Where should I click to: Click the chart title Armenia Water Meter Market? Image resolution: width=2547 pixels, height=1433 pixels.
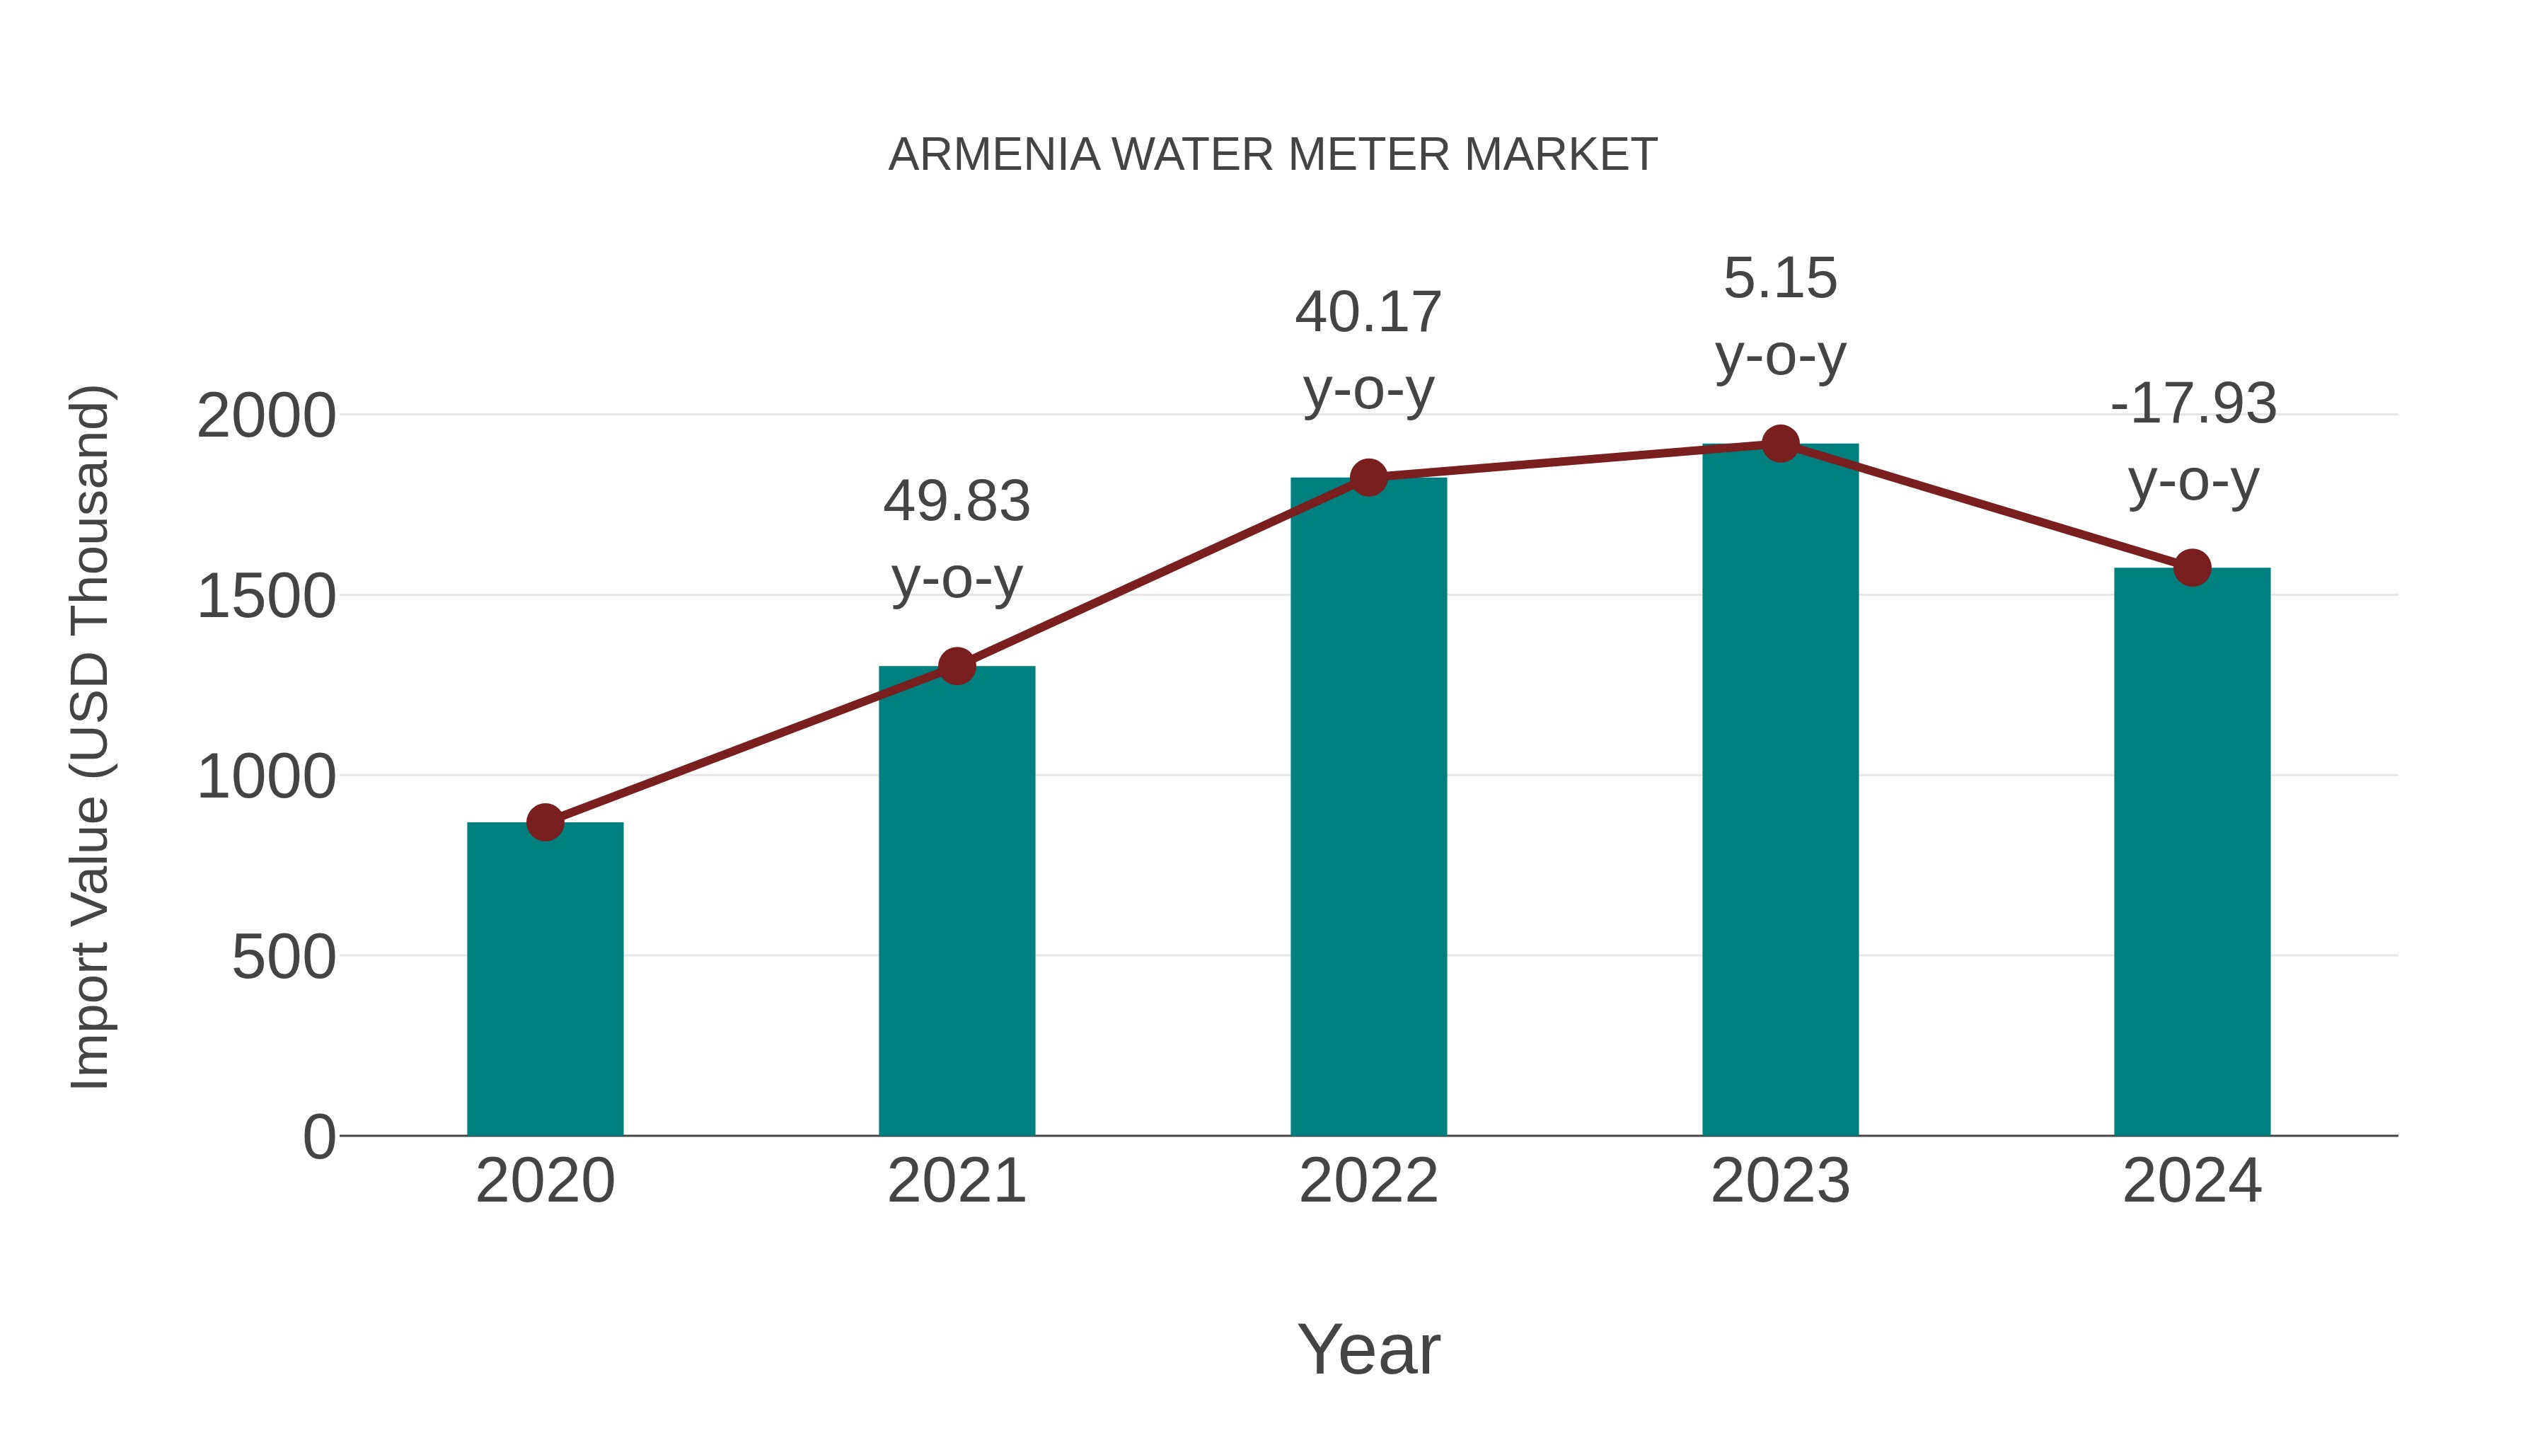pos(1273,155)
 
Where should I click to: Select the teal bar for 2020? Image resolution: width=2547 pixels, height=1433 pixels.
pos(545,979)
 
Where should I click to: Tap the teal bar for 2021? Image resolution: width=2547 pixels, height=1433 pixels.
pos(956,900)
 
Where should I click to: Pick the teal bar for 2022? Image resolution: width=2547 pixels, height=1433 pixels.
pos(1368,806)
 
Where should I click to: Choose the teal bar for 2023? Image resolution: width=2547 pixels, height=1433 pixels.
pos(1780,791)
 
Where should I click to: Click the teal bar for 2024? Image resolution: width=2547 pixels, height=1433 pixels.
pos(2192,851)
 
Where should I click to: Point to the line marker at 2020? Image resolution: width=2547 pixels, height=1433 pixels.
pos(545,822)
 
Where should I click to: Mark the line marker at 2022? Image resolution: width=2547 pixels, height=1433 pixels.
pos(1368,478)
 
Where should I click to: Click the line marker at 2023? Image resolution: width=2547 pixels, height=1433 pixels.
pos(1780,444)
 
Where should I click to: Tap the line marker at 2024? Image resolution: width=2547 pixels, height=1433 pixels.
pos(2192,568)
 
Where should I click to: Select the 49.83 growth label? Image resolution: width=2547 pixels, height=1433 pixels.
pos(956,502)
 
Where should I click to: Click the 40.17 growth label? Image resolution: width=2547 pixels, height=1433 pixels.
pos(1368,313)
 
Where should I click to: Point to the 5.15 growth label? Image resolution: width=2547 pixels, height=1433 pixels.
pos(1780,279)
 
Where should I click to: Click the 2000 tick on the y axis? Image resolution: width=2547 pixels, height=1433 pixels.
pos(266,416)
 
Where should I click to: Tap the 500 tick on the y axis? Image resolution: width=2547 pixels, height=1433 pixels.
pos(284,957)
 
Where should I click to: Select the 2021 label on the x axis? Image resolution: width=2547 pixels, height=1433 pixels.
pos(956,1181)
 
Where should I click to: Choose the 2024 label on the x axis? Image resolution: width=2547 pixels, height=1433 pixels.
pos(2192,1181)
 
